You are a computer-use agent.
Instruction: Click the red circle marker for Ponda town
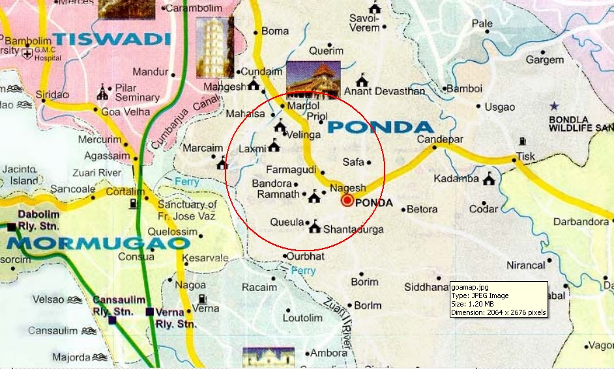coord(347,201)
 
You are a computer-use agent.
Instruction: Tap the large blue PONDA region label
coord(381,127)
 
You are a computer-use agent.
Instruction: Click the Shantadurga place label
coord(353,229)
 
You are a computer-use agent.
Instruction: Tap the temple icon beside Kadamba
coord(488,180)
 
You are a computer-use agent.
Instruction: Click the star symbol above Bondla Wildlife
coord(554,105)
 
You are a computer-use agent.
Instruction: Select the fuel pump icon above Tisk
coord(522,141)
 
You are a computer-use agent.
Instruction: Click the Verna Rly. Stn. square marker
coord(150,312)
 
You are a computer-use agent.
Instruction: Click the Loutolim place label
coord(303,318)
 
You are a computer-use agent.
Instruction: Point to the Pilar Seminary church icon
coord(102,92)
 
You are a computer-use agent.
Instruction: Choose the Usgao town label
coord(499,107)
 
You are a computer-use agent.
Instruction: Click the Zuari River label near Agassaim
coord(102,172)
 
